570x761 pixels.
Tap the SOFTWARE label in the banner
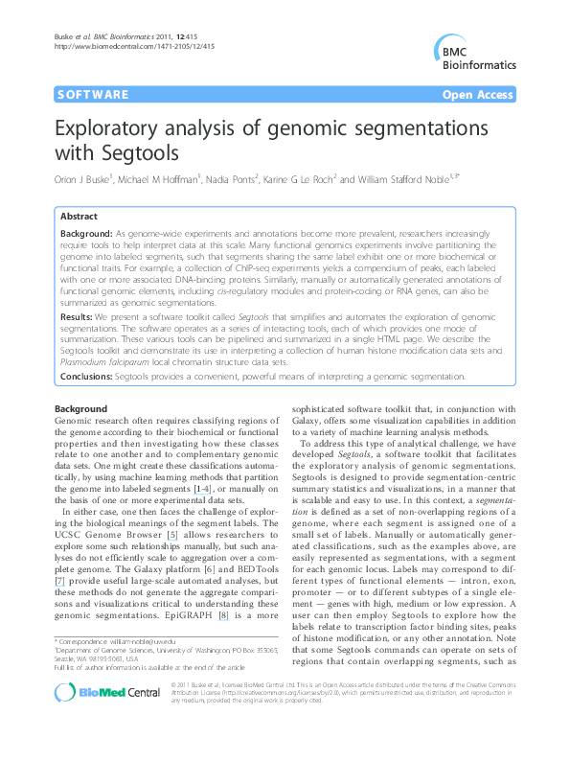click(92, 95)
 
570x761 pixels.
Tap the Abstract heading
click(79, 218)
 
